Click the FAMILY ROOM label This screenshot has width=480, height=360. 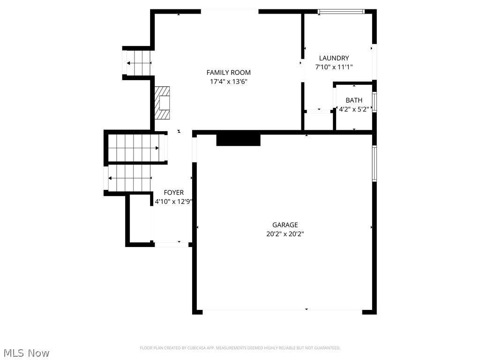[228, 72]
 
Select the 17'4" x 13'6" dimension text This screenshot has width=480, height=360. [228, 82]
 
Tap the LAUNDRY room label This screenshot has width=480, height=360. [334, 58]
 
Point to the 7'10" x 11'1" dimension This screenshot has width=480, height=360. [334, 67]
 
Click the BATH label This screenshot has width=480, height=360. [354, 100]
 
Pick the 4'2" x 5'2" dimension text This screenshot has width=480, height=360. [354, 109]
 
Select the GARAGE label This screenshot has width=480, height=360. [285, 225]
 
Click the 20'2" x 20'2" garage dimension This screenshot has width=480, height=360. [285, 234]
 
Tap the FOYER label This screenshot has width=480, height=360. [173, 193]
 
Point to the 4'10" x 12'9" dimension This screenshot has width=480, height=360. [174, 202]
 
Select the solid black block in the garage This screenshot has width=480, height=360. [238, 140]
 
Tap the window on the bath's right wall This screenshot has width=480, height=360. [374, 103]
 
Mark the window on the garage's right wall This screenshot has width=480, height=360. [374, 163]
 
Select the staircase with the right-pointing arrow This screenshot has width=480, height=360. [136, 148]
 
